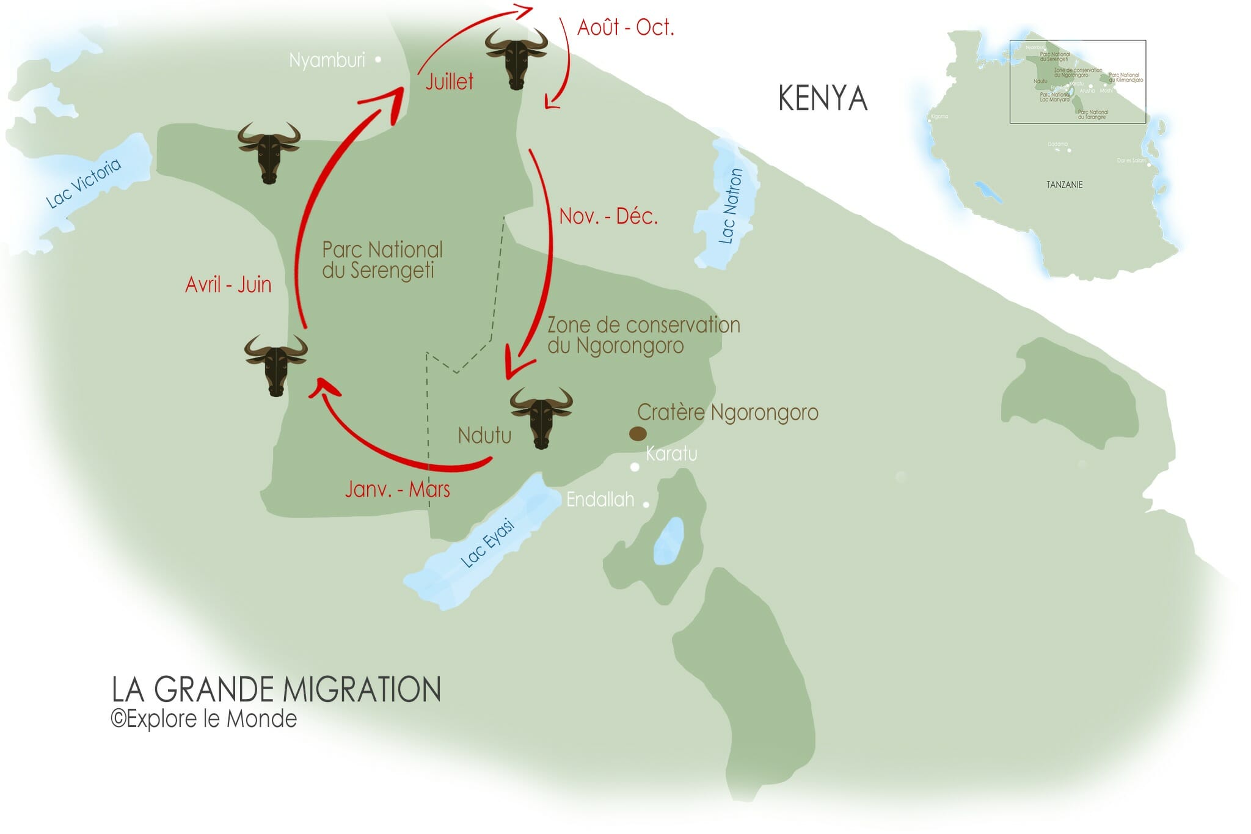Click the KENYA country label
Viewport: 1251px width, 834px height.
click(x=822, y=98)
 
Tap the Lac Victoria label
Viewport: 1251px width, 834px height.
click(x=84, y=183)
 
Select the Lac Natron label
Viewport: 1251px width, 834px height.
click(x=731, y=206)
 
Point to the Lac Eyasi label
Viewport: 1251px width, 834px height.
click(x=487, y=543)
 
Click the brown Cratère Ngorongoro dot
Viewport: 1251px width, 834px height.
click(x=638, y=434)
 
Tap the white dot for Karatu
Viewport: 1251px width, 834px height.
click(x=635, y=467)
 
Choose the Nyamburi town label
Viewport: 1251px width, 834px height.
click(x=327, y=60)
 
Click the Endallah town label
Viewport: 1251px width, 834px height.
click(x=600, y=500)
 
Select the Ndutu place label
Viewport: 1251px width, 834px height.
click(x=484, y=436)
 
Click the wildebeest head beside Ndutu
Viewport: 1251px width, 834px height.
click(x=541, y=417)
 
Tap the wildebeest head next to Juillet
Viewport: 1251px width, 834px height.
click(x=516, y=58)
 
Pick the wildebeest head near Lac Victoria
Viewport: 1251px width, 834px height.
click(x=269, y=152)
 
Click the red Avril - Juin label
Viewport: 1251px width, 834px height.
click(x=228, y=285)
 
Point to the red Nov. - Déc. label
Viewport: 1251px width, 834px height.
click(x=608, y=216)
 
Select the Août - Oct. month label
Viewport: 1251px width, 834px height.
click(x=625, y=27)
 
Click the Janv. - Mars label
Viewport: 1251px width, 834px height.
click(x=397, y=489)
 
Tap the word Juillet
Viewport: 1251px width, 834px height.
click(x=449, y=82)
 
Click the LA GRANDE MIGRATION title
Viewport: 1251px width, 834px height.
click(x=276, y=689)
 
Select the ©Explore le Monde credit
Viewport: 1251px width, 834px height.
click(x=204, y=719)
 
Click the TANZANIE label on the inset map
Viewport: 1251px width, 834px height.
click(x=1064, y=185)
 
